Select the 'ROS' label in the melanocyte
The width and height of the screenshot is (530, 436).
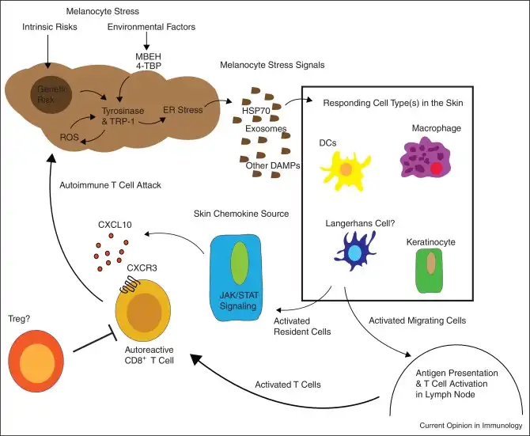tap(48, 138)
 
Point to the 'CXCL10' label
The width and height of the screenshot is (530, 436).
tap(115, 225)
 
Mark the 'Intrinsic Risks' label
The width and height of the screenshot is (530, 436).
tap(49, 28)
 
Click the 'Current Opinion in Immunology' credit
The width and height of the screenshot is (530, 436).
tap(472, 426)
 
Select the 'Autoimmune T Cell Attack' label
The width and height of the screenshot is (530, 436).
tap(111, 185)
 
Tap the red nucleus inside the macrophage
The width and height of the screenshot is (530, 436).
tap(435, 168)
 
